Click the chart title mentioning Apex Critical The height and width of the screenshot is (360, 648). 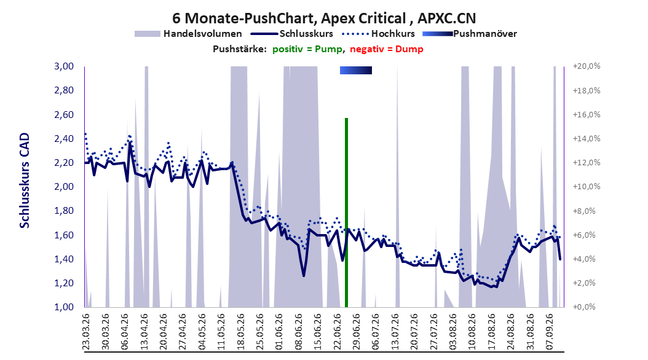324,18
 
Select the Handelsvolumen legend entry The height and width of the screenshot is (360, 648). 189,34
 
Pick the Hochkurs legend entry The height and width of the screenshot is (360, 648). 379,34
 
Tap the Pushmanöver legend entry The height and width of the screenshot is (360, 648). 470,34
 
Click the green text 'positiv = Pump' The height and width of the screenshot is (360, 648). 307,49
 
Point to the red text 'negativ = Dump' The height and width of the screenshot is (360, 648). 387,49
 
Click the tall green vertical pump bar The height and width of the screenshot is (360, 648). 346,213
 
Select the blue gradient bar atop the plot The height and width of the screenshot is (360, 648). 356,70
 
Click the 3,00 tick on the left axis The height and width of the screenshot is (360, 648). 64,66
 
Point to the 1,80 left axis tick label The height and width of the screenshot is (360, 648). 64,211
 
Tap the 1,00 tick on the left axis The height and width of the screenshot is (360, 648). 64,307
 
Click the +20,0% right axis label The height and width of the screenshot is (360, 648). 587,66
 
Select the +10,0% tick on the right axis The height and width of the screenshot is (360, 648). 587,187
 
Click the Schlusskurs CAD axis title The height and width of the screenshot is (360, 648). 25,180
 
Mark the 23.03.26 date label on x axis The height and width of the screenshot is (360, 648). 86,332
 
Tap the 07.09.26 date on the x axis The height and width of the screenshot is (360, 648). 550,332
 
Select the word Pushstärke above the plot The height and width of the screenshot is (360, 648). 240,49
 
